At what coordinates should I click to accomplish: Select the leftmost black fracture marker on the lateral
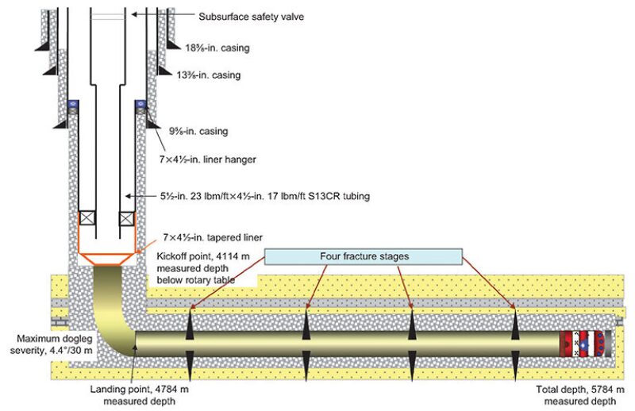coord(190,344)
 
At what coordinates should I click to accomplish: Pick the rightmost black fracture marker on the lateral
coord(514,344)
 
